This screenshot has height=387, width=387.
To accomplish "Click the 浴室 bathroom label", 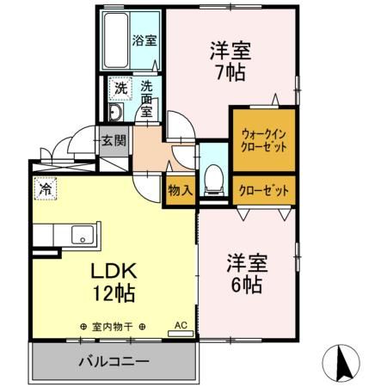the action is click(144, 40).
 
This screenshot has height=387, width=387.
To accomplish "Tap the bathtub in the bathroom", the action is click(116, 40).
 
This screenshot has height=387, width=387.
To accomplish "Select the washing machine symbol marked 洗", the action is click(120, 89).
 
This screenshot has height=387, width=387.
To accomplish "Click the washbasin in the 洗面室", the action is click(116, 112).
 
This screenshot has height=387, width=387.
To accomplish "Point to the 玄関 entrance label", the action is click(114, 141).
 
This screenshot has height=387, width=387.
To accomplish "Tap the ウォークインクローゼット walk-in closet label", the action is click(264, 140).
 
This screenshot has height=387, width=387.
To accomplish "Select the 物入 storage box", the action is click(181, 190).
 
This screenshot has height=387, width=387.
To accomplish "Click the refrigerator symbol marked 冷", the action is click(46, 188).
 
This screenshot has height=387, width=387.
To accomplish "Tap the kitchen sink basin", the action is click(83, 235).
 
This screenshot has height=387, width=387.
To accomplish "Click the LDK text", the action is click(114, 271).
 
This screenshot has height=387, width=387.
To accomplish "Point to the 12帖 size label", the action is click(114, 293).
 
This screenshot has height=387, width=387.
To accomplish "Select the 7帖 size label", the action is click(230, 72).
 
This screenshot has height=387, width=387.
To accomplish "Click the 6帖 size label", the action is click(247, 285).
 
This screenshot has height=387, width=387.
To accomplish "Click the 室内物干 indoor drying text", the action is click(113, 327).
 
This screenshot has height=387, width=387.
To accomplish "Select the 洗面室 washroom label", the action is click(146, 99).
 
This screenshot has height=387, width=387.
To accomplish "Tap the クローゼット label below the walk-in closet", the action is click(264, 190).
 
